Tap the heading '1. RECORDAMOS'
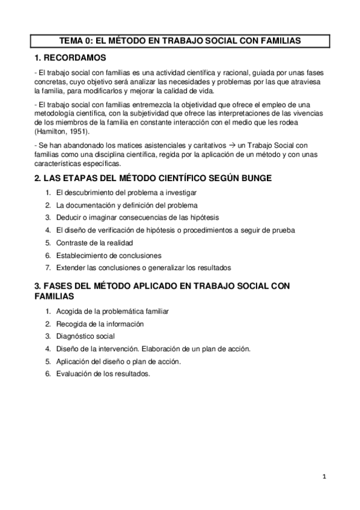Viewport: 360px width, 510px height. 70,58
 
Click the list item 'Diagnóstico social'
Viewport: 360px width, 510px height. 85,336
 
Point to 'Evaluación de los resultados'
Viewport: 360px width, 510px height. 103,373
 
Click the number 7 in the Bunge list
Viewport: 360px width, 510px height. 47,268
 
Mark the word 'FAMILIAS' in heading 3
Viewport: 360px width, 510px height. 54,297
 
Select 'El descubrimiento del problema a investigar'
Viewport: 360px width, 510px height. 126,192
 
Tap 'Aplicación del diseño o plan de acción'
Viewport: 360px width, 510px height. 118,361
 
